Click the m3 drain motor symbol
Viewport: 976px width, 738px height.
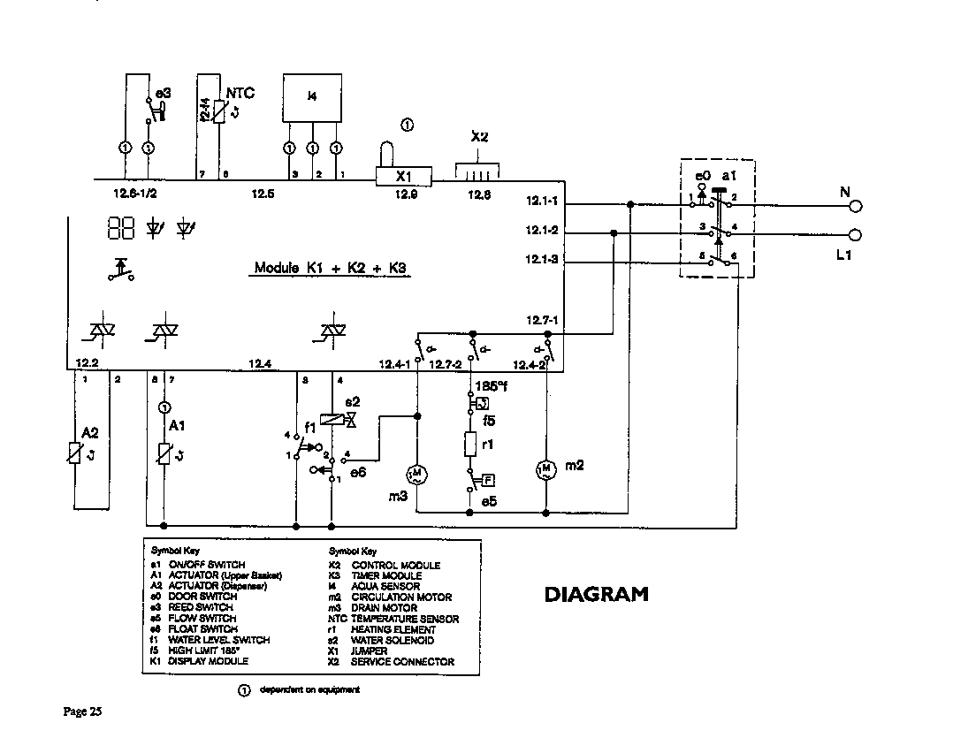[x=416, y=474]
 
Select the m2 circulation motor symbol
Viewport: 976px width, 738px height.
[x=545, y=468]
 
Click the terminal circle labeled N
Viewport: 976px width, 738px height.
[x=854, y=206]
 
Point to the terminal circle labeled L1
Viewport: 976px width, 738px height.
[x=854, y=235]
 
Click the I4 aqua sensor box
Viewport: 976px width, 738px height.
[x=311, y=97]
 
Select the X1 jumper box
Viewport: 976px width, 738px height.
[x=404, y=176]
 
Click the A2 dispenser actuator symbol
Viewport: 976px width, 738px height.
[x=75, y=453]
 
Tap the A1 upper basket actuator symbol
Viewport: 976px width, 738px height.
[x=164, y=453]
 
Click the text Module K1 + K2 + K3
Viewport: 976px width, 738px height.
[x=332, y=268]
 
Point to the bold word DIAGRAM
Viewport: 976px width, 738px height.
[x=596, y=595]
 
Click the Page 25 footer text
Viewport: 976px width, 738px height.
[x=83, y=711]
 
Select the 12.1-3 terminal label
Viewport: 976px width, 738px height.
[x=542, y=261]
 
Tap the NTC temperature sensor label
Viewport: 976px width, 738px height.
[x=240, y=93]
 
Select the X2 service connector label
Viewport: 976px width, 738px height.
[x=479, y=137]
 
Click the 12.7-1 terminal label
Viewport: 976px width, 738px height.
[x=542, y=320]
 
